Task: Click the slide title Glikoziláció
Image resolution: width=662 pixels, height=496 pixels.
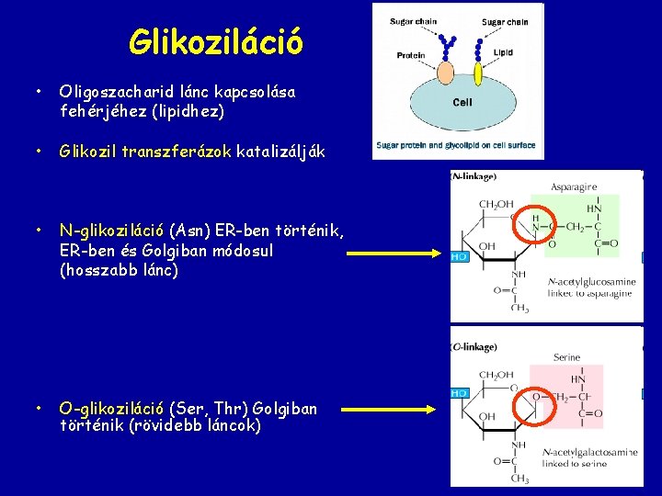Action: [215, 41]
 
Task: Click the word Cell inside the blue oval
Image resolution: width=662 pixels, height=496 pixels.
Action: [462, 102]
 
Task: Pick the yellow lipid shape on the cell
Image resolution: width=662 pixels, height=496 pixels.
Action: [477, 72]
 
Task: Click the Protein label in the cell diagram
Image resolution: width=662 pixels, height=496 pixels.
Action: [410, 56]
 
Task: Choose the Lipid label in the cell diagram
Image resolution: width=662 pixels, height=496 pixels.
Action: [503, 53]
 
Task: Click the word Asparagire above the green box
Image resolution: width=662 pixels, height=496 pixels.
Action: [574, 187]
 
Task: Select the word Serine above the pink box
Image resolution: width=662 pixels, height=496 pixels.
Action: [566, 357]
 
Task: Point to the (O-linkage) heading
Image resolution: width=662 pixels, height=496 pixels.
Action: [474, 347]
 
